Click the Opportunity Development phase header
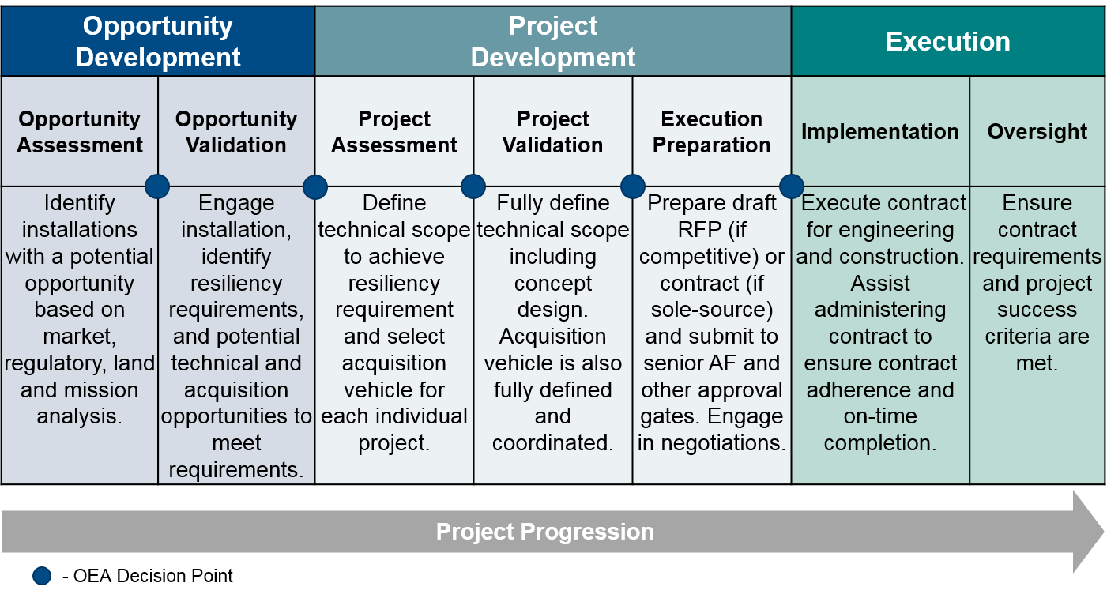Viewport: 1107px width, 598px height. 158,41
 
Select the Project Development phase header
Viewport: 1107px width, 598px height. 552,41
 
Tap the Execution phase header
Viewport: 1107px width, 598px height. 948,42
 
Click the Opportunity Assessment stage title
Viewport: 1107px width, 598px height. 79,131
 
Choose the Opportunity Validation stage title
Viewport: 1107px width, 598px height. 236,131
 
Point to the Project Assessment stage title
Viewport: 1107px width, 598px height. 393,131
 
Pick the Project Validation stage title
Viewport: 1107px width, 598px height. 552,131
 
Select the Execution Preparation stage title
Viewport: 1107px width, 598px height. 712,131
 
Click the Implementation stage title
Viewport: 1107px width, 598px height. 879,131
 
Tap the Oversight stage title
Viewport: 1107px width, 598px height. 1037,131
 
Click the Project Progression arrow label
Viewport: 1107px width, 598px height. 544,532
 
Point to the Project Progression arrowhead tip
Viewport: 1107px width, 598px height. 1104,532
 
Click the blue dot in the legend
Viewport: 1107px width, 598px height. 42,576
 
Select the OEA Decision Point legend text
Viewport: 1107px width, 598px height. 147,576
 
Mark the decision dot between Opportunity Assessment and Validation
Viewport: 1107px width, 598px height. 157,186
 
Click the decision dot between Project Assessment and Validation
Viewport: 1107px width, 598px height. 473,186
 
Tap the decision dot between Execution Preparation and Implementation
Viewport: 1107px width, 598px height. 791,186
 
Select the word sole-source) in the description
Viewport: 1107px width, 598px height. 712,310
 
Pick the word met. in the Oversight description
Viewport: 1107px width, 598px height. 1037,363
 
